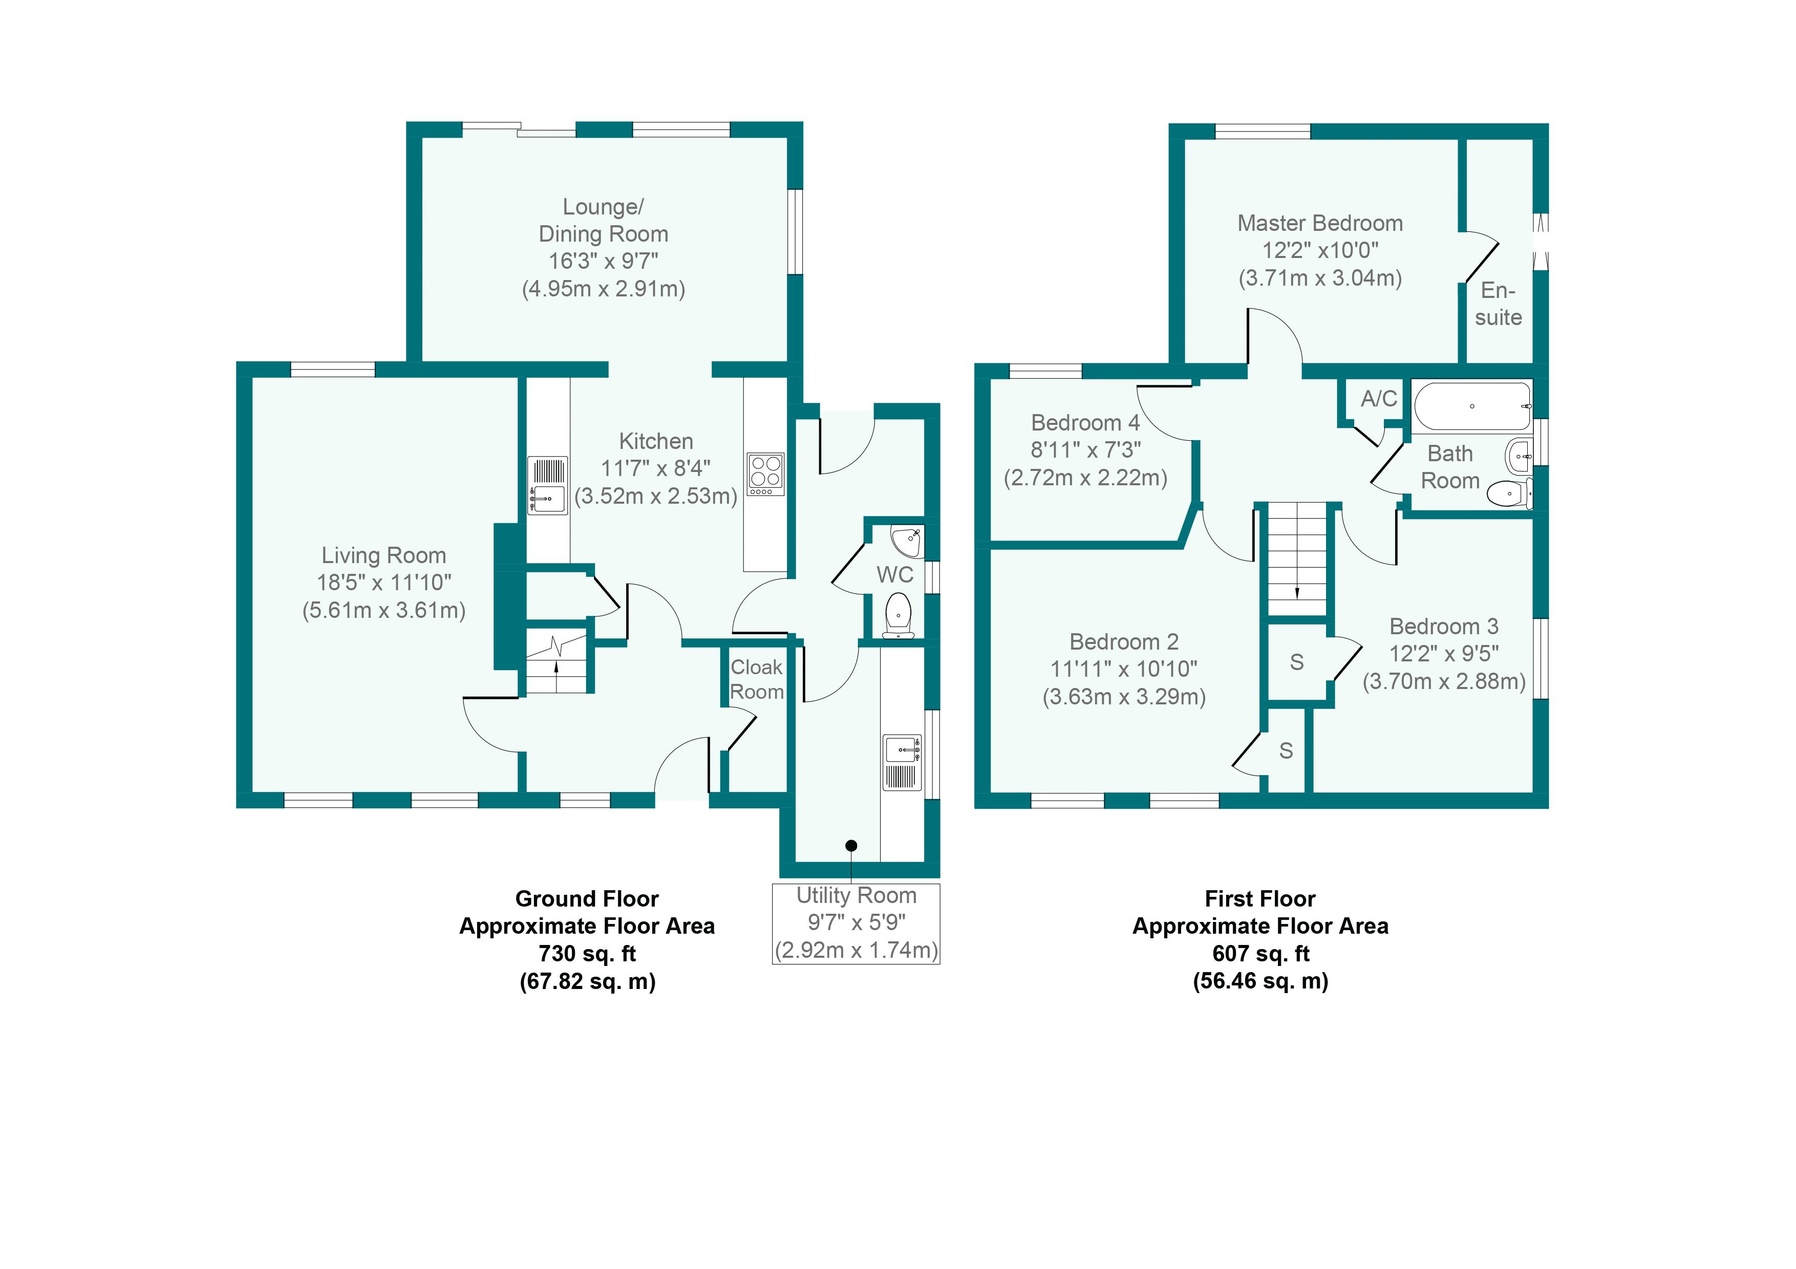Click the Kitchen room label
click(x=655, y=441)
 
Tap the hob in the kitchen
click(x=765, y=474)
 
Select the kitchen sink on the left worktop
click(x=548, y=486)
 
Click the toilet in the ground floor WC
click(x=899, y=615)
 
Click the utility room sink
click(x=902, y=762)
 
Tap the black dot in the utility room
click(x=851, y=845)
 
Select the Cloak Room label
click(x=756, y=679)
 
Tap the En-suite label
click(x=1498, y=304)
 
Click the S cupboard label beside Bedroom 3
click(x=1297, y=662)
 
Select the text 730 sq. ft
click(x=587, y=954)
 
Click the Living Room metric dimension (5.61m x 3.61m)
click(x=384, y=610)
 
